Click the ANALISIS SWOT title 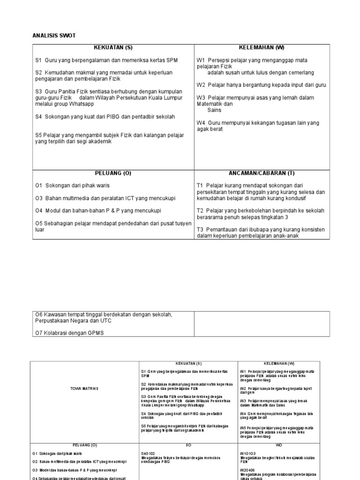click(x=54, y=36)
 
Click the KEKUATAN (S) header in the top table click(x=113, y=48)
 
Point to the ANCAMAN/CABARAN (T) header click(x=262, y=173)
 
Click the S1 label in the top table click(x=38, y=60)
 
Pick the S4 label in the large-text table click(x=38, y=116)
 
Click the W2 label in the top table click(x=201, y=85)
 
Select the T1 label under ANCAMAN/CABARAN click(x=200, y=186)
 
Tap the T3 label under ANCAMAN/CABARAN click(x=200, y=229)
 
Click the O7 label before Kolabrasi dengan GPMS click(x=39, y=333)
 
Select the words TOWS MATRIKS click(x=84, y=389)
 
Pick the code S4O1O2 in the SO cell click(x=149, y=454)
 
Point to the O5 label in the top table click(x=39, y=223)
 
